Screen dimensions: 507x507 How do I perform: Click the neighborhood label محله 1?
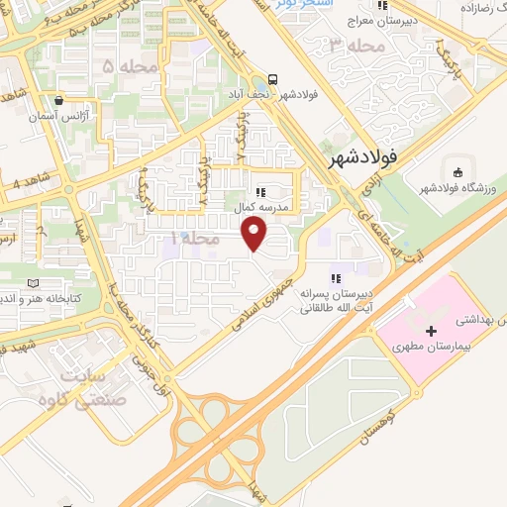tap(187, 240)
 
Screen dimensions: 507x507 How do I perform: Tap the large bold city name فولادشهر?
tap(365, 155)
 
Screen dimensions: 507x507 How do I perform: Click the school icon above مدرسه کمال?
tap(259, 192)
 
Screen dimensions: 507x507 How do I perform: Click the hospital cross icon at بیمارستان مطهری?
tap(431, 332)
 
